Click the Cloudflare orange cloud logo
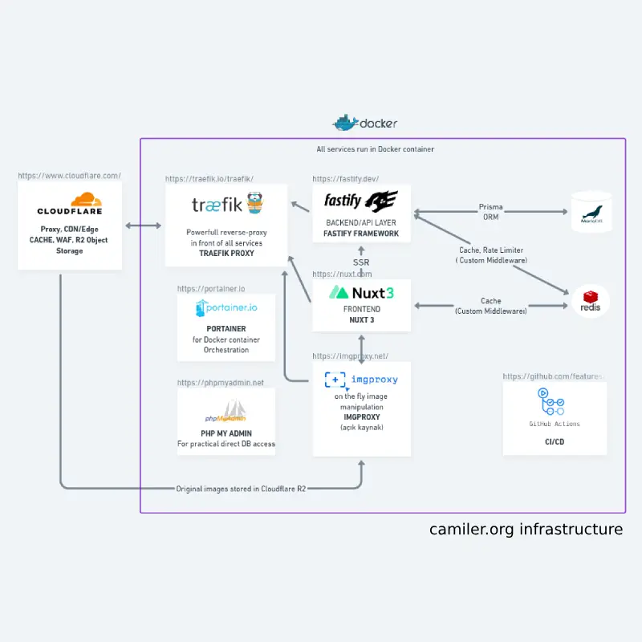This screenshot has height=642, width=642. [86, 200]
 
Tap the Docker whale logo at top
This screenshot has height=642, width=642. [345, 123]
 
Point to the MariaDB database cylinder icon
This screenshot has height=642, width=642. [591, 212]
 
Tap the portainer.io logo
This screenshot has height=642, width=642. [226, 308]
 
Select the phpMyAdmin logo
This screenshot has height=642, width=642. [226, 415]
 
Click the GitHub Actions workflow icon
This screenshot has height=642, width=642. [554, 402]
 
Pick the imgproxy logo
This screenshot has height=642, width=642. [361, 379]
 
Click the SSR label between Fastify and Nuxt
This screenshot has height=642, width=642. [361, 262]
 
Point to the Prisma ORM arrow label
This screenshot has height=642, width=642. [490, 212]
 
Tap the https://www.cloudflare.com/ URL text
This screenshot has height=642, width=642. [69, 175]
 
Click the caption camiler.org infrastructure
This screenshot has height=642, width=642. [526, 530]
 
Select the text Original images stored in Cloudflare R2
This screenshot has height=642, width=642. [241, 488]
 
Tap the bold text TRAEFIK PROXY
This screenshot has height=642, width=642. [226, 253]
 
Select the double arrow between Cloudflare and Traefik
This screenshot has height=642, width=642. [143, 226]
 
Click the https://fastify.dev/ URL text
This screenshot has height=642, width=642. [346, 179]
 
